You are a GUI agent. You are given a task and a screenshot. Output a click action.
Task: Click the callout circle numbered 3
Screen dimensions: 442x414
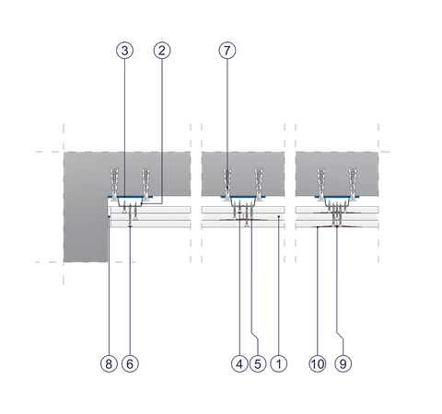124,51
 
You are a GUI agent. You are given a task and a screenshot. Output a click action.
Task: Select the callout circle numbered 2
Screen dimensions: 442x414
162,51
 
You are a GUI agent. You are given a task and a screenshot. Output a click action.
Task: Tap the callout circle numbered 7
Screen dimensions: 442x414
227,51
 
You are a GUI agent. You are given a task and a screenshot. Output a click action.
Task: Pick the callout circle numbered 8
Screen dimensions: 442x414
109,364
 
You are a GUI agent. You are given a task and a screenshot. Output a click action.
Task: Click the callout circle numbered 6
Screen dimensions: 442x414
130,364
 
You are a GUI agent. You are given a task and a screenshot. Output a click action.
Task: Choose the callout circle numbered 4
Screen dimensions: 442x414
239,364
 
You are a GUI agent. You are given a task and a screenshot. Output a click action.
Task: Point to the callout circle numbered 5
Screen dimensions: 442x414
258,364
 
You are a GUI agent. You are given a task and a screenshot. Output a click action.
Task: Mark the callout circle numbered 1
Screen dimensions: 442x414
279,364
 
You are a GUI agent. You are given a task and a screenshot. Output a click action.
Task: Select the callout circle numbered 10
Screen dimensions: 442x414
318,364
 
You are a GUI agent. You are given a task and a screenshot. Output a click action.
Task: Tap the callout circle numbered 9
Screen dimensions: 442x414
343,364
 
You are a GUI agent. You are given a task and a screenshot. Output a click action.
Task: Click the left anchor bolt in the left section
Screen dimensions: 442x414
114,184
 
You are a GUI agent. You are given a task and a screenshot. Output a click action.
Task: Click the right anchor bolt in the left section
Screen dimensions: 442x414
145,184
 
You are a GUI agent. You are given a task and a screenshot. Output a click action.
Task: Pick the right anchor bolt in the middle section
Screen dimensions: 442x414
259,184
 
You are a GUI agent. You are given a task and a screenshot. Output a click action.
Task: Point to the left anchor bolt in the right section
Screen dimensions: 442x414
321,184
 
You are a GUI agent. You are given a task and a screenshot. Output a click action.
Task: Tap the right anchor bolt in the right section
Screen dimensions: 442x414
353,184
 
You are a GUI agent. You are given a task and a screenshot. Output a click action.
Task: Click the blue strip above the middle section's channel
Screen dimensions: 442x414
243,197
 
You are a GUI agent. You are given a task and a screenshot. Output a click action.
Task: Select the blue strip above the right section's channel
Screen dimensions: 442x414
337,197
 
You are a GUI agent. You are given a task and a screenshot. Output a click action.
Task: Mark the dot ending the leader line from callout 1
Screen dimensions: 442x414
279,216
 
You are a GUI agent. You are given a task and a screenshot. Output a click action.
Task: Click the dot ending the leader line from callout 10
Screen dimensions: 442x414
318,227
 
